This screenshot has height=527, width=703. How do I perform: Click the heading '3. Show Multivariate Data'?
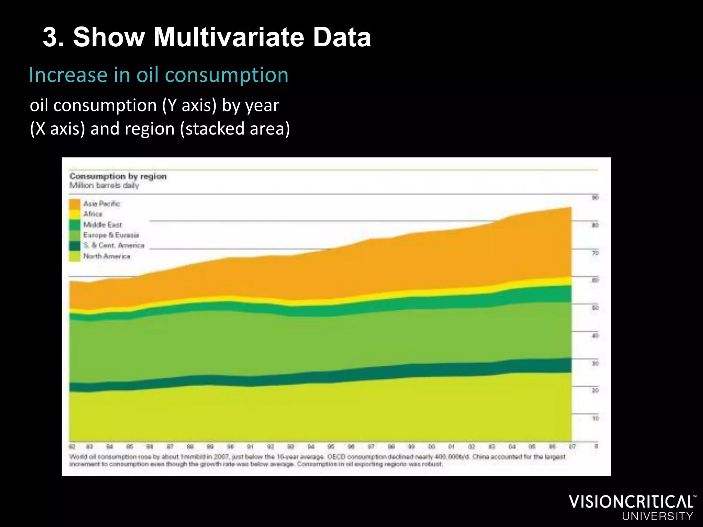point(207,37)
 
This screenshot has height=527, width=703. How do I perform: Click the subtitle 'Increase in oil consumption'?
point(159,75)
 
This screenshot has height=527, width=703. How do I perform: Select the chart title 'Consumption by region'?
point(118,176)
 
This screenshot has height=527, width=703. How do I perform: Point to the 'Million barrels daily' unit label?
point(104,186)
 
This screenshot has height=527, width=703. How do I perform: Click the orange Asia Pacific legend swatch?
point(74,204)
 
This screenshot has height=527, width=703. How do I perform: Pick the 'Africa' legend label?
point(93,214)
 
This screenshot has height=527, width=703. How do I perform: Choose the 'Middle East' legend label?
point(102,225)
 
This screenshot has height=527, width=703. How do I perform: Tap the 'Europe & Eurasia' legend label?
point(111,235)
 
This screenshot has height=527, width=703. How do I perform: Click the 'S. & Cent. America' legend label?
point(114,245)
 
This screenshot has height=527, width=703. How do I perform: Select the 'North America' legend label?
point(106,256)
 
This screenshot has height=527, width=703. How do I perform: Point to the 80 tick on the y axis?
point(595,225)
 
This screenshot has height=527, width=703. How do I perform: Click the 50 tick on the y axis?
point(595,308)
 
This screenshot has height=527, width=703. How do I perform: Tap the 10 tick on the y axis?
point(595,419)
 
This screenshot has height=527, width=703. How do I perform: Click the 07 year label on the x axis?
point(572,447)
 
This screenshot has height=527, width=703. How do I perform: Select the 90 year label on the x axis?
point(231,447)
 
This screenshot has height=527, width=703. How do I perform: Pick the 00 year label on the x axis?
point(431,447)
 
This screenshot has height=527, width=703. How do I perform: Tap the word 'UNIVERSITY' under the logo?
point(657,516)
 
